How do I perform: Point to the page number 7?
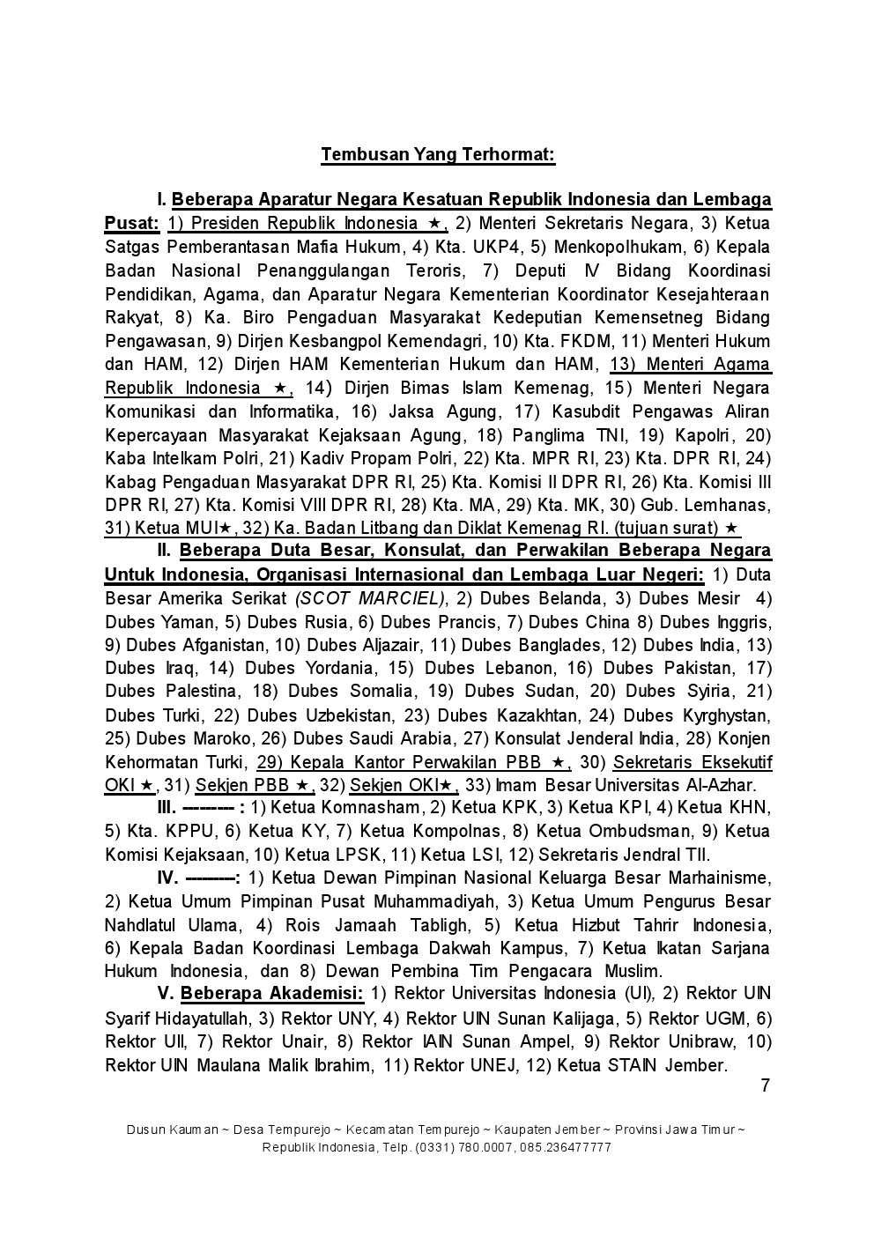765,1085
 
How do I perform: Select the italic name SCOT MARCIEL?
369,599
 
